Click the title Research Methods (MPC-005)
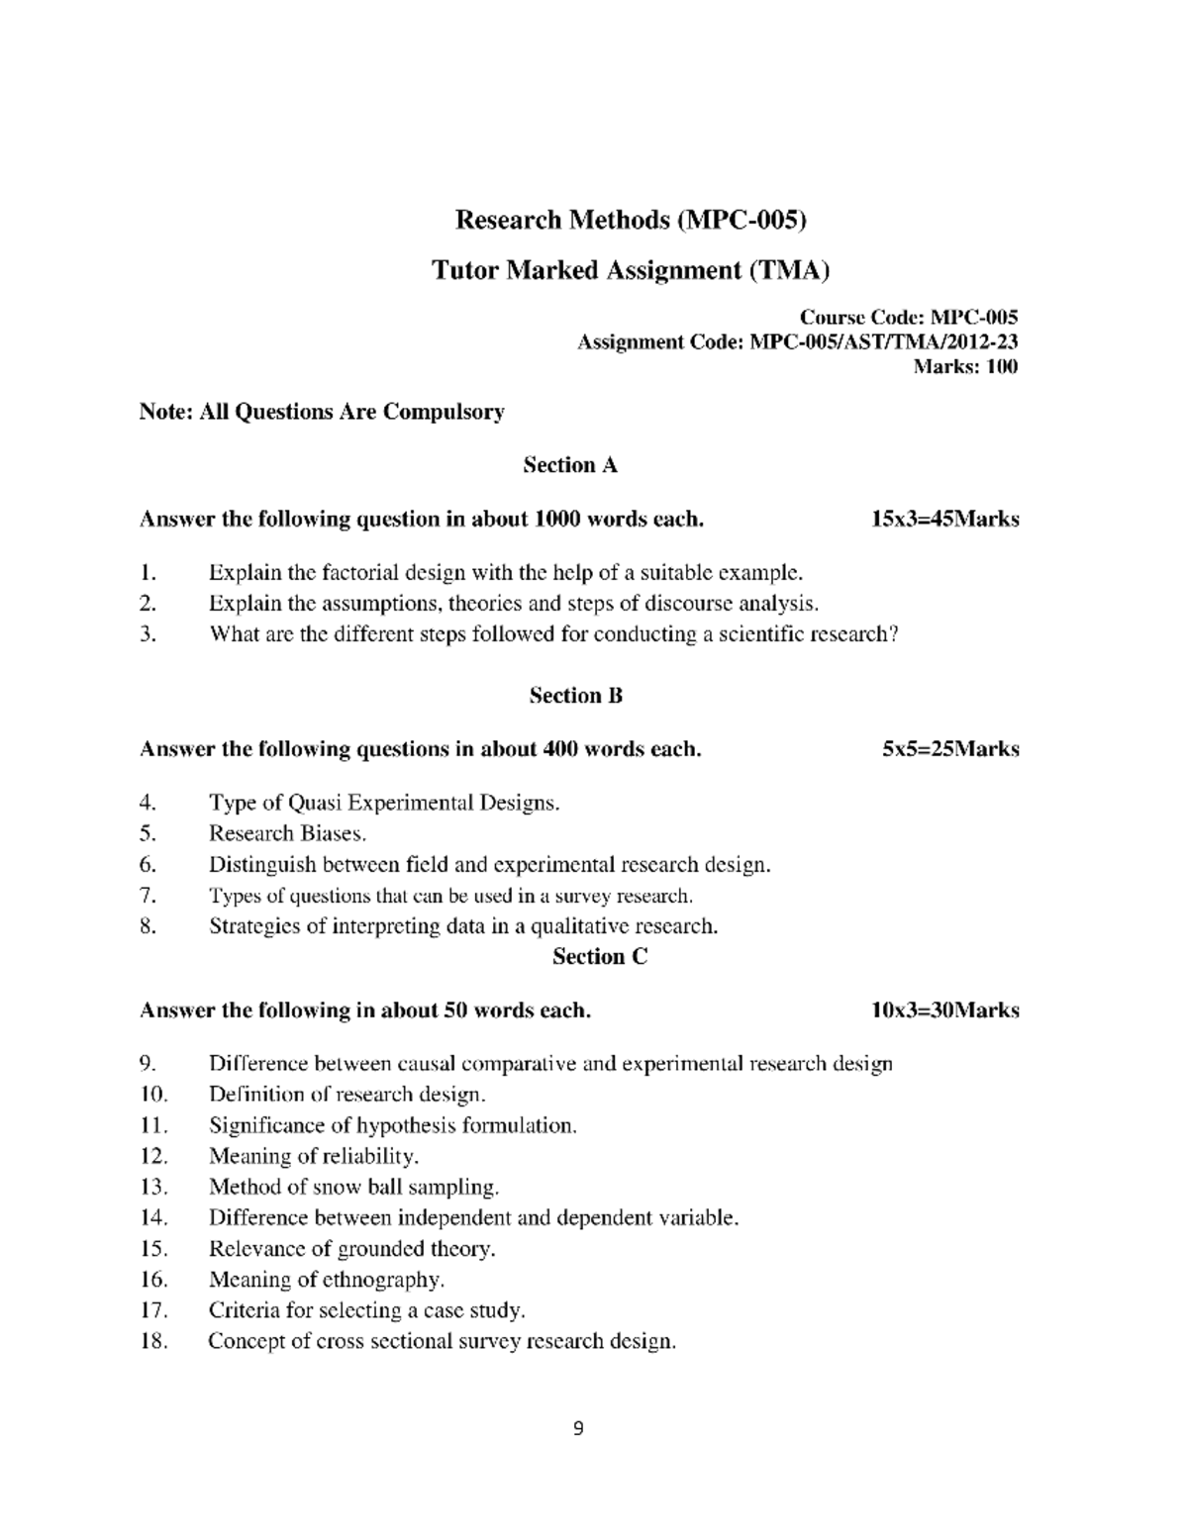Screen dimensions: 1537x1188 click(631, 220)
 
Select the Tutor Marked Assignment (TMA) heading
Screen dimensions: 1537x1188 click(631, 270)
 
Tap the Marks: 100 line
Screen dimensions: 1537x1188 click(964, 367)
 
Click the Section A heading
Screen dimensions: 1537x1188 click(570, 465)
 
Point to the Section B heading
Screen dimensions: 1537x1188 click(575, 696)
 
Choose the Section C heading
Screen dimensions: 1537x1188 click(599, 957)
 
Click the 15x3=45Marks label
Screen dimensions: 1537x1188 click(944, 520)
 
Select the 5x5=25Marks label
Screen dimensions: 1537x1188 click(950, 750)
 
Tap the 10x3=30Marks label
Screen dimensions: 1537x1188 click(944, 1011)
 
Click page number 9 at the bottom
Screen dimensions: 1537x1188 click(579, 1428)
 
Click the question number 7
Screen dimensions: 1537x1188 click(147, 896)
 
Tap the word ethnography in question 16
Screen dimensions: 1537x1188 click(383, 1280)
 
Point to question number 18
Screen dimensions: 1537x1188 click(152, 1342)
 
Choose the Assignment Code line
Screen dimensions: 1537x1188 click(797, 342)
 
